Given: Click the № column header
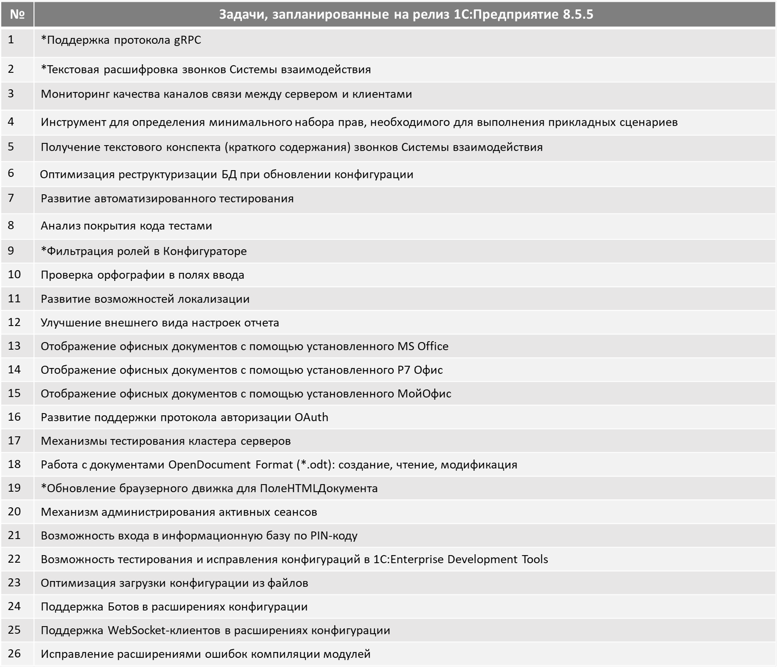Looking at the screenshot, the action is pyautogui.click(x=17, y=14).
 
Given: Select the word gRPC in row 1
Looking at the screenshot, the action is pyautogui.click(x=187, y=40).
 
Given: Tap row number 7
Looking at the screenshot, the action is pyautogui.click(x=11, y=197).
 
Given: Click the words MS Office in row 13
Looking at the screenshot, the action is pyautogui.click(x=423, y=346).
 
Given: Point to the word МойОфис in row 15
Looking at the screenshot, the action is pyautogui.click(x=424, y=393).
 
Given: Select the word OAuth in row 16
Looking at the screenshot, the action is pyautogui.click(x=311, y=417).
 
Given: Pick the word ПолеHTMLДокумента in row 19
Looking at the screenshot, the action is pyautogui.click(x=319, y=488).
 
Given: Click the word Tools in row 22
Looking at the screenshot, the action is pyautogui.click(x=534, y=559).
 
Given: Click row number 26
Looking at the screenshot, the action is pyautogui.click(x=14, y=653).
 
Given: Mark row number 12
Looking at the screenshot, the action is pyautogui.click(x=14, y=322).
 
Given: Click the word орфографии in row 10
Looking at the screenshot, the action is pyautogui.click(x=136, y=275).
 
